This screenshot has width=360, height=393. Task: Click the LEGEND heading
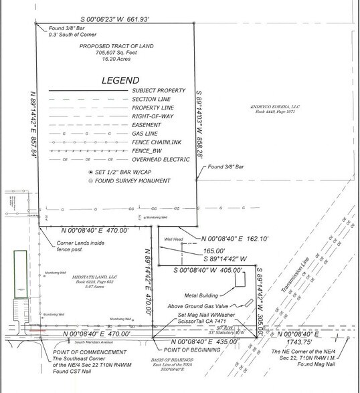point(116,80)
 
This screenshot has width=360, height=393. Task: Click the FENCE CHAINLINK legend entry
point(157,142)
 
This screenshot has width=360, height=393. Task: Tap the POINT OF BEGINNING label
point(178,350)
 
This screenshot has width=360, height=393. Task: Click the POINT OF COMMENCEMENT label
point(72,350)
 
